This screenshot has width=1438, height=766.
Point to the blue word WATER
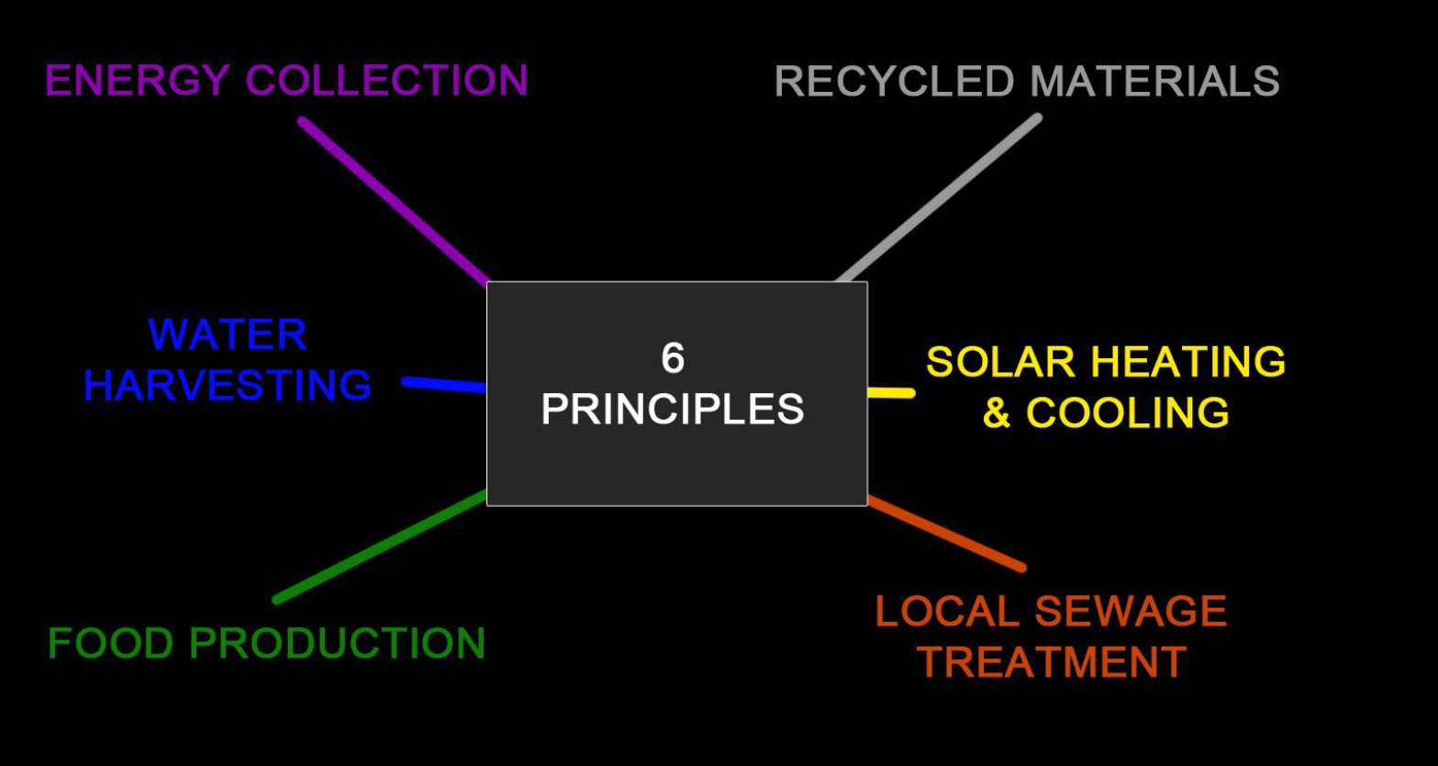[228, 334]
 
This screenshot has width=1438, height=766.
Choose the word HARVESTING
[228, 385]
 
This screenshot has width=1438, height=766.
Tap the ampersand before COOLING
[997, 413]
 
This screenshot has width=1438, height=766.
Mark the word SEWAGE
[1131, 612]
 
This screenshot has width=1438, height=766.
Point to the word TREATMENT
[1053, 662]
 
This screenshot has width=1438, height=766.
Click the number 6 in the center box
[673, 358]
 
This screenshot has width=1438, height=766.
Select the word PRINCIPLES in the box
[673, 409]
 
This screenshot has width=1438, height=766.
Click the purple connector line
[395, 201]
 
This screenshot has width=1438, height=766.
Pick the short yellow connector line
[890, 393]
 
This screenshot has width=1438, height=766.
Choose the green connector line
[381, 547]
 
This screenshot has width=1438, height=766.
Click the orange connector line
[945, 534]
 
